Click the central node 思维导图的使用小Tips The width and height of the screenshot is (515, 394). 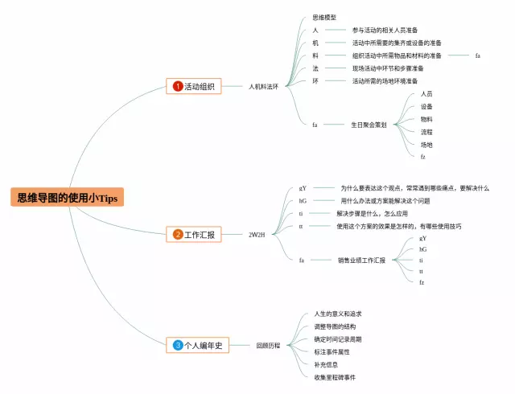(67, 198)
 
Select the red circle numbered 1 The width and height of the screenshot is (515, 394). (177, 86)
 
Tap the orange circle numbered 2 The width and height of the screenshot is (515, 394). (177, 235)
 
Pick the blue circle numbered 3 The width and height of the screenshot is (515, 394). (177, 345)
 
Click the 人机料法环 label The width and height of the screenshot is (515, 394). (263, 86)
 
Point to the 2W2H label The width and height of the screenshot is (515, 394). (257, 235)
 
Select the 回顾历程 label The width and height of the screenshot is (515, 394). (268, 345)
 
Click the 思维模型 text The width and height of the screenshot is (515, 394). (323, 17)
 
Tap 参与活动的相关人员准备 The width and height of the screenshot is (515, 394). (385, 30)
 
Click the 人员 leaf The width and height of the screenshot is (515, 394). (426, 93)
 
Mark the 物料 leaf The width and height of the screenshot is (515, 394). (426, 119)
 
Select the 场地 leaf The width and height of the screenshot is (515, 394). (426, 144)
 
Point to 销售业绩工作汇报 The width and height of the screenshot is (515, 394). (362, 261)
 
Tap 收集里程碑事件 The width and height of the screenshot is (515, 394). (336, 376)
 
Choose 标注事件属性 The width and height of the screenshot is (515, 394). (332, 351)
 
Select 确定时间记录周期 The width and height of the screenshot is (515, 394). (338, 339)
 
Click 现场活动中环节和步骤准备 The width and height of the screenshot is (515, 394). (388, 68)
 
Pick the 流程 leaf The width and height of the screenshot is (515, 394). (426, 132)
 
